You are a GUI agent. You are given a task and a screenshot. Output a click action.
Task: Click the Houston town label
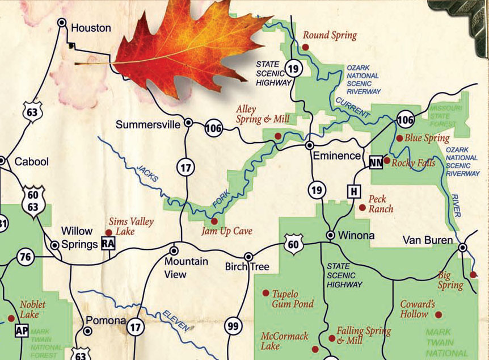pyautogui.click(x=91, y=27)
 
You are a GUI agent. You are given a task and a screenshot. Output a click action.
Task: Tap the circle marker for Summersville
pyautogui.click(x=188, y=122)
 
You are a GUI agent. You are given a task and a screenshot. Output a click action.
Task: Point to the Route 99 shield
pyautogui.click(x=233, y=326)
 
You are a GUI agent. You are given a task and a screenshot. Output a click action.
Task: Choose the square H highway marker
pyautogui.click(x=354, y=191)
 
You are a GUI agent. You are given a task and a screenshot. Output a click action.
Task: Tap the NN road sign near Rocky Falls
pyautogui.click(x=376, y=162)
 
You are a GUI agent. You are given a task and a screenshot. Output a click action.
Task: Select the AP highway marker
pyautogui.click(x=22, y=331)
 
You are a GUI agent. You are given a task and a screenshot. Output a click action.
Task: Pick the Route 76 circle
pyautogui.click(x=25, y=257)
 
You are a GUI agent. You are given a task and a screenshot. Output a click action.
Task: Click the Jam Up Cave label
pyautogui.click(x=226, y=231)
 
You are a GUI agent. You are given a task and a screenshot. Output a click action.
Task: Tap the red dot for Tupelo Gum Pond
pyautogui.click(x=265, y=293)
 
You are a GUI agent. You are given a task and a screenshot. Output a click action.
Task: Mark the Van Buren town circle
pyautogui.click(x=463, y=248)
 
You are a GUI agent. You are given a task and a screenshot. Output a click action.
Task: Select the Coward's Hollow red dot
pyautogui.click(x=438, y=314)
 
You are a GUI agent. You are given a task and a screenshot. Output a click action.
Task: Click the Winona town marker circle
pyautogui.click(x=330, y=235)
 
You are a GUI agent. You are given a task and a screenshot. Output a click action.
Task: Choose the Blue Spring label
pyautogui.click(x=427, y=138)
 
